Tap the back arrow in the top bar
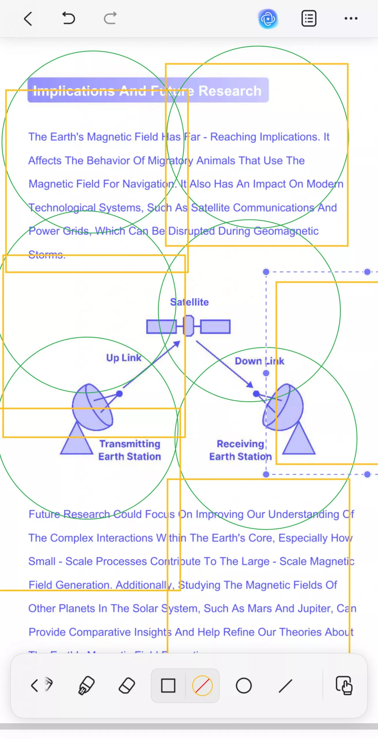click(28, 19)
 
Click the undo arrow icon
click(69, 18)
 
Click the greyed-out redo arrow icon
click(110, 18)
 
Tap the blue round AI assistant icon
click(268, 19)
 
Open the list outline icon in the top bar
click(309, 19)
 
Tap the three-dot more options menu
click(351, 19)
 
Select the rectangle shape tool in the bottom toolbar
click(168, 686)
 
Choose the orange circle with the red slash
click(202, 686)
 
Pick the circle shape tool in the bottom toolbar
click(244, 686)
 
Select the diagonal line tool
click(285, 686)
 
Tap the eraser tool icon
click(127, 686)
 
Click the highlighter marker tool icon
click(86, 686)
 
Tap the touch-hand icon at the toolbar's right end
click(344, 686)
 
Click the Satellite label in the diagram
click(189, 302)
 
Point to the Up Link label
click(124, 358)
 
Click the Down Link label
click(259, 361)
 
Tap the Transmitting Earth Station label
click(130, 450)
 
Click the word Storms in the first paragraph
click(47, 255)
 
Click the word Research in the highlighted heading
click(230, 91)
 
